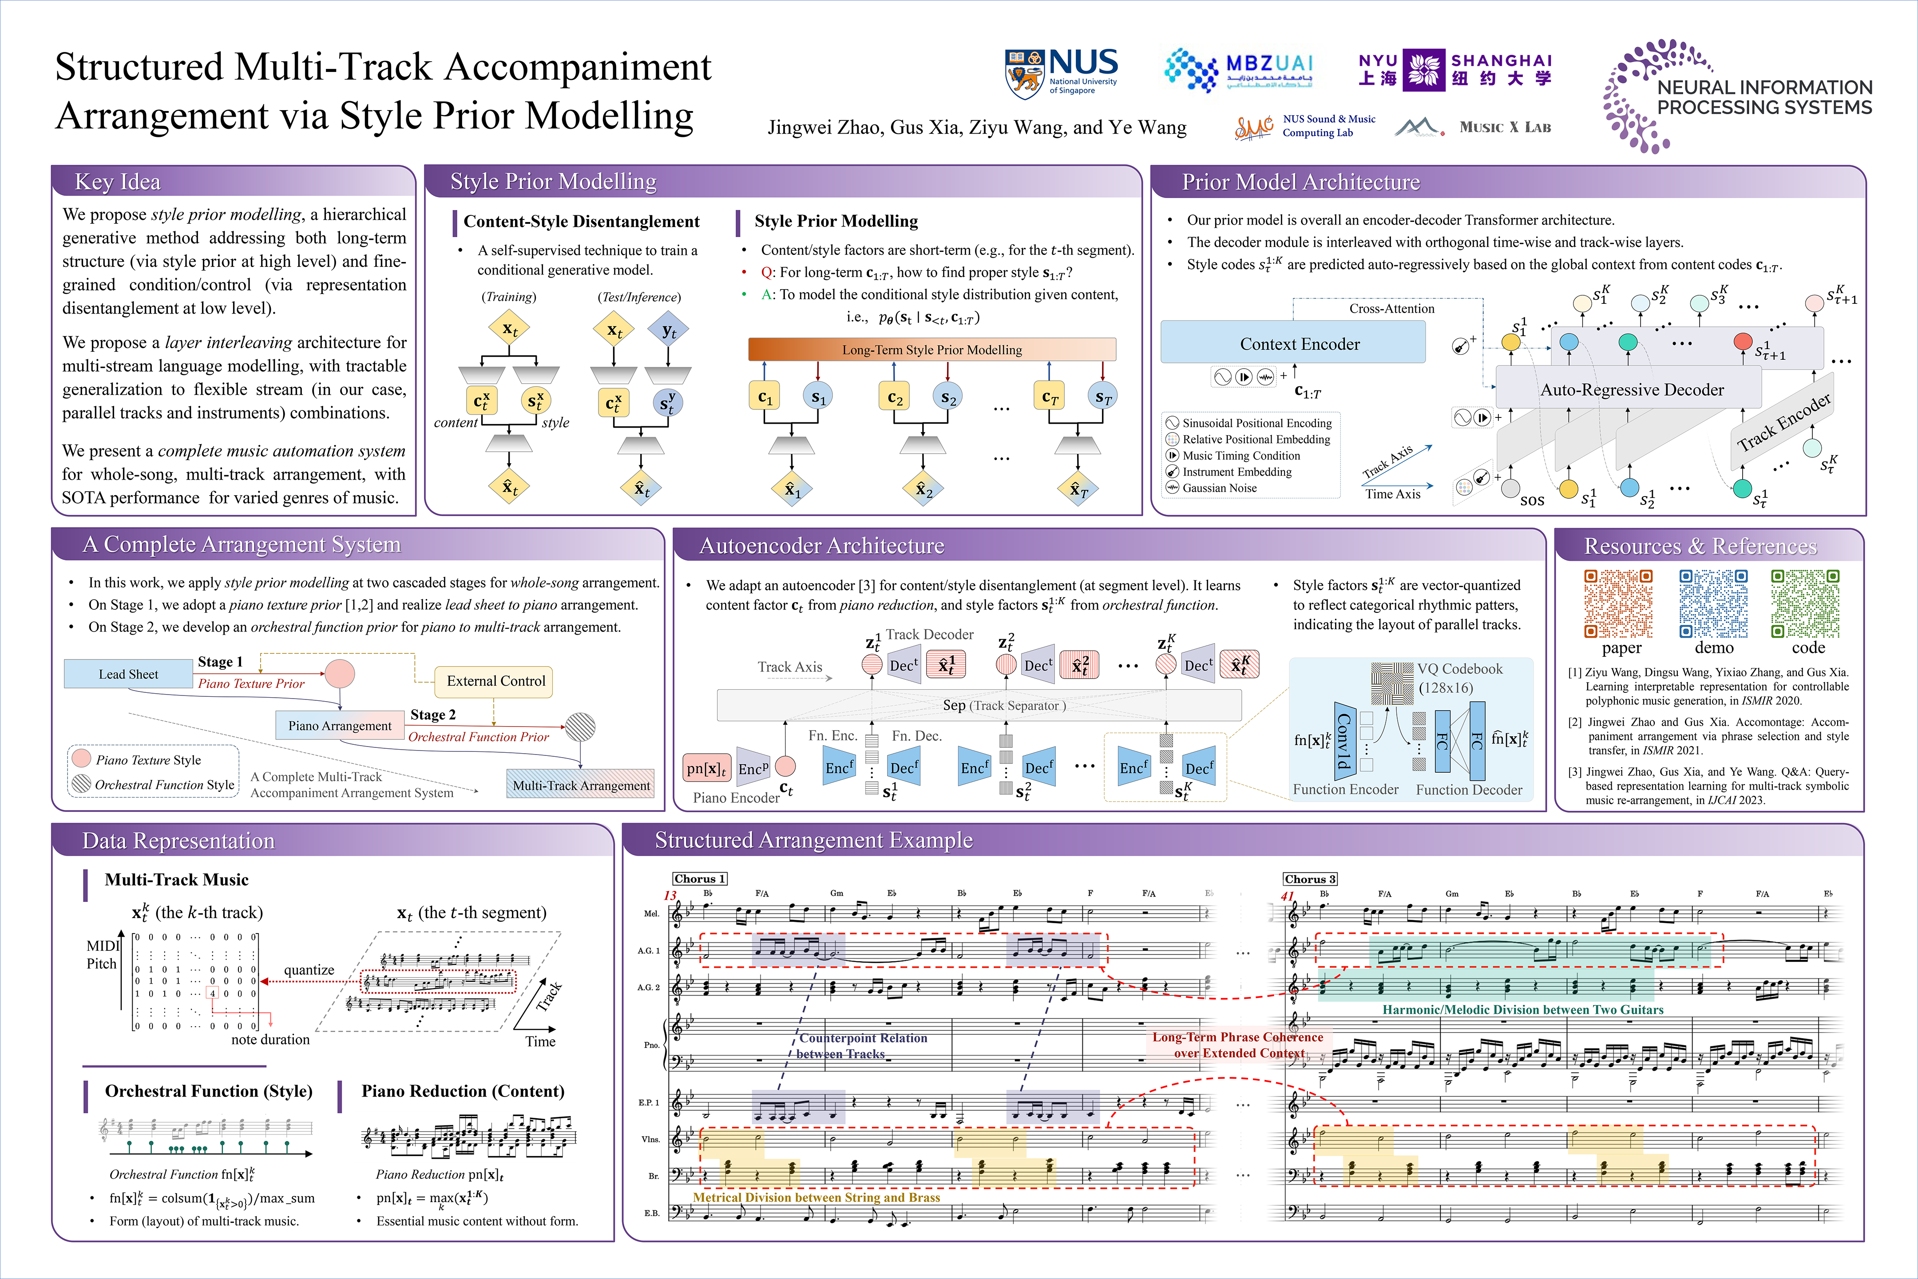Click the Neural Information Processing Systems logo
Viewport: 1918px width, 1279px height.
(x=1737, y=96)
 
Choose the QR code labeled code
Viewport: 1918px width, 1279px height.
(x=1806, y=604)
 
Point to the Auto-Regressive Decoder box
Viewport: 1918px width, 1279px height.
(x=1631, y=390)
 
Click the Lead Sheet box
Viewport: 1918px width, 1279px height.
(x=128, y=674)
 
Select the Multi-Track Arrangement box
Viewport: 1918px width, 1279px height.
(x=581, y=785)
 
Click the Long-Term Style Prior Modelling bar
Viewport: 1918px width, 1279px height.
(x=931, y=349)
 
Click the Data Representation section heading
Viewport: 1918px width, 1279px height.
(x=178, y=840)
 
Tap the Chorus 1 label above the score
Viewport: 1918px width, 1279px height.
(x=699, y=878)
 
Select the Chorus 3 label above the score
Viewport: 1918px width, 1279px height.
(x=1309, y=878)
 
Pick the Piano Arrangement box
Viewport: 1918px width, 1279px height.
(x=339, y=725)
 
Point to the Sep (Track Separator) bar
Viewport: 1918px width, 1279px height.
(x=979, y=705)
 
